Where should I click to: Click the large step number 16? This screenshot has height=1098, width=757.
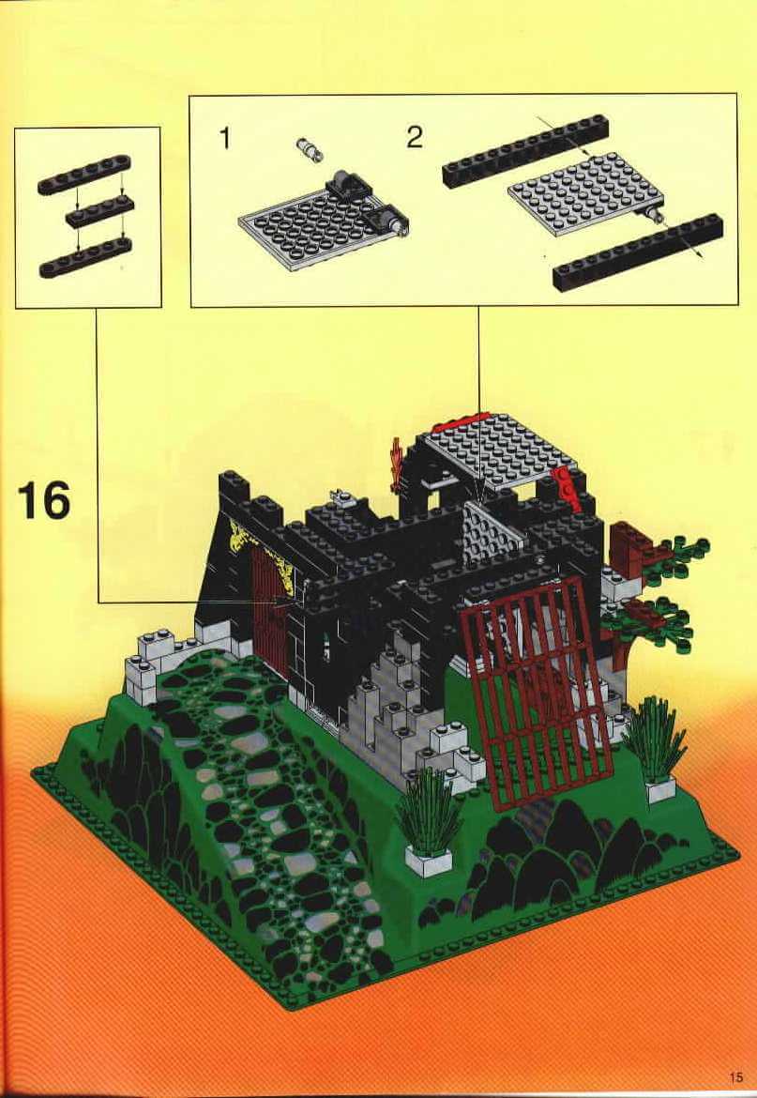coord(43,500)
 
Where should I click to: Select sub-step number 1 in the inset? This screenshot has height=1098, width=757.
coord(224,138)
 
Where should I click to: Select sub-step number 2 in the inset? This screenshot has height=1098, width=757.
coord(415,137)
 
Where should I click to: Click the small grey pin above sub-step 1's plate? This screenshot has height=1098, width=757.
coord(307,148)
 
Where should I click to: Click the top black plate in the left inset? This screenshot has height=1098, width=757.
coord(84,175)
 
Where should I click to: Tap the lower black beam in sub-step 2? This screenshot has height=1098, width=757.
coord(638,252)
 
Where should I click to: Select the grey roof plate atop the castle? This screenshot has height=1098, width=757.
coord(500,450)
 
